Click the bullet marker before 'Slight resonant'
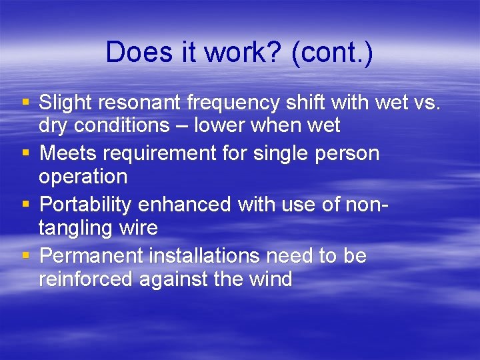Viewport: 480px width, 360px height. tap(26, 103)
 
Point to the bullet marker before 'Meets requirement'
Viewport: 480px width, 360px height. tap(26, 154)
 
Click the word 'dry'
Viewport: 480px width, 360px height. tap(54, 125)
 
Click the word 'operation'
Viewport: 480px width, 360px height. tap(83, 177)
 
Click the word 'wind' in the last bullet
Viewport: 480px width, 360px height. tap(271, 279)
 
